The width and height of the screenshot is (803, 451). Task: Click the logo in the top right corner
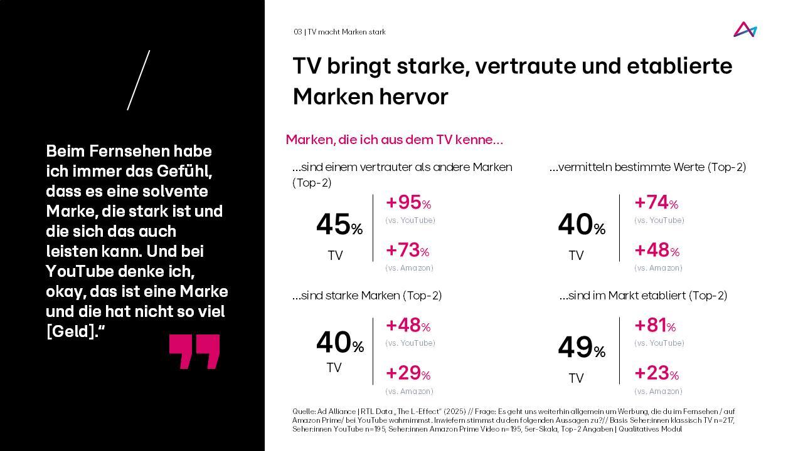point(745,29)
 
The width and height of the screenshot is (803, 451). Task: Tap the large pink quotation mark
point(194,351)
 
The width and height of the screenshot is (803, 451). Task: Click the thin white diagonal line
point(139,80)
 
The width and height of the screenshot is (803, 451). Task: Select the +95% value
point(408,203)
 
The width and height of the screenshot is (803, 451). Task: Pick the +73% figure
point(407,251)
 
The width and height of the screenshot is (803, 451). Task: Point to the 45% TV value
point(339,225)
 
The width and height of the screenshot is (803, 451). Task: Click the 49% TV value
point(581,348)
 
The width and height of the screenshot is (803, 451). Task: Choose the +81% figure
point(655,326)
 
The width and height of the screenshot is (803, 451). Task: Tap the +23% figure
point(656,373)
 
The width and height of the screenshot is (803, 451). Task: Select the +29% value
point(408,373)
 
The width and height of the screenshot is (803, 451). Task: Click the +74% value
point(656,203)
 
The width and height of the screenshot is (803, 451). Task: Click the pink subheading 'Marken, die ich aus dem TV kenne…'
point(394,140)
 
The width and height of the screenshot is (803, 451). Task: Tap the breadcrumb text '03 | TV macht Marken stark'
point(339,32)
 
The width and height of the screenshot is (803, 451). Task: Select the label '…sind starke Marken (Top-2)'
point(367,296)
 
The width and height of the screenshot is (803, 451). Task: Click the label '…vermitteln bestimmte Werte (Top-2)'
point(647,167)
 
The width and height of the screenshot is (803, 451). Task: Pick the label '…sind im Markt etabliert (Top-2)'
point(643,296)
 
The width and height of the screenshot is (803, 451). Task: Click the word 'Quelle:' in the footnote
point(304,412)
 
